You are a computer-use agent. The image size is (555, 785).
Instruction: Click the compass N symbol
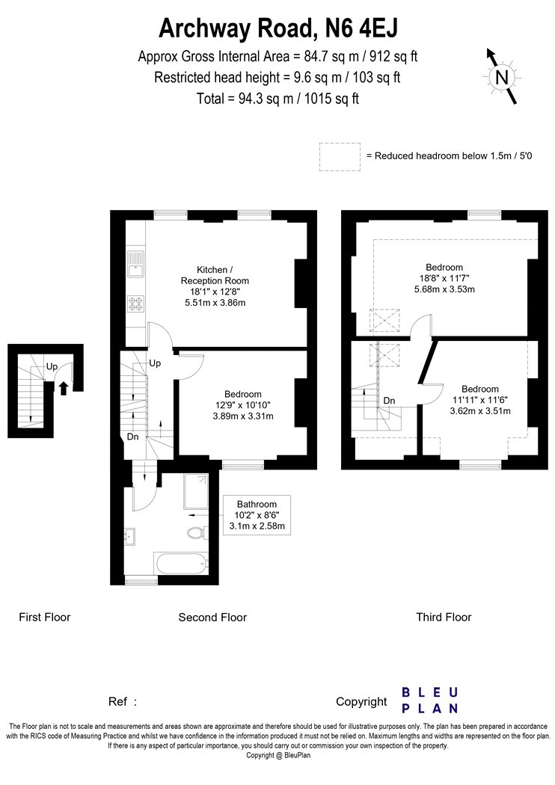coord(502,77)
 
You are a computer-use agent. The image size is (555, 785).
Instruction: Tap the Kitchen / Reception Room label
coord(215,275)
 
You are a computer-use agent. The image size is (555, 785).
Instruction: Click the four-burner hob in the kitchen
coord(135,305)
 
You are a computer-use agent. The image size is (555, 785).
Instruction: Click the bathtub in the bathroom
coord(181,564)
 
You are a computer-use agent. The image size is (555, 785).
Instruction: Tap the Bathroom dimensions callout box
coord(257,515)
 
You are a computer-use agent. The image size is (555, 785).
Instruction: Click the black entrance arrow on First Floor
coord(64,388)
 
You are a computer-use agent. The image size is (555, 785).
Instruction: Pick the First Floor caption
coord(45,618)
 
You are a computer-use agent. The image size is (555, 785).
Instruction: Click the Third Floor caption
coord(444,618)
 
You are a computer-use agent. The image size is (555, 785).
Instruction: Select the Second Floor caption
coord(212,618)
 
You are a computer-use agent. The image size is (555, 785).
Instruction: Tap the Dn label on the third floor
coord(389,401)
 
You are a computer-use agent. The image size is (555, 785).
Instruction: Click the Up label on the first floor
coord(52,366)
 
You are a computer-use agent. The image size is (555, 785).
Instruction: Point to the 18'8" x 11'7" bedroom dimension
coord(444,278)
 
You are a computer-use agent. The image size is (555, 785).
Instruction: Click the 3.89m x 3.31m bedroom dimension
coord(243,416)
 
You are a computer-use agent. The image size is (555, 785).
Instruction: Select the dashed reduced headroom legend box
coord(340,157)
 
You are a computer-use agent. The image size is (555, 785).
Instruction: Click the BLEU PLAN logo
coord(430,701)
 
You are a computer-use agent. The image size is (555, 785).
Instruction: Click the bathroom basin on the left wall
coord(130,536)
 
